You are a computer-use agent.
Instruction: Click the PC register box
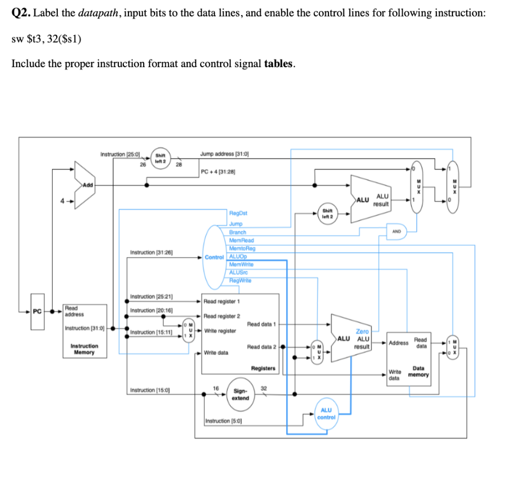point(36,310)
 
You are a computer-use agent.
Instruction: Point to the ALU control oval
point(326,413)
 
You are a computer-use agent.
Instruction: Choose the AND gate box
point(397,231)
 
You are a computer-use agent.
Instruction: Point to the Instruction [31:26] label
point(151,252)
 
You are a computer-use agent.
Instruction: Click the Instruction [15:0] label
point(150,391)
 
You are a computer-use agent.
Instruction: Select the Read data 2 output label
point(261,347)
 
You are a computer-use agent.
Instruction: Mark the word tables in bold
point(278,63)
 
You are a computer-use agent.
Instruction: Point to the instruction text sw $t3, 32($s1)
point(46,39)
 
